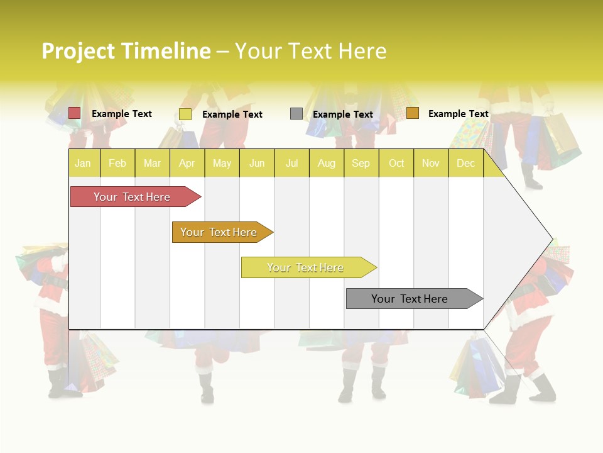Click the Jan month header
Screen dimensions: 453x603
(83, 163)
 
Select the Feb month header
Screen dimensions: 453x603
(117, 163)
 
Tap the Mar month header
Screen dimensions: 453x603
(152, 163)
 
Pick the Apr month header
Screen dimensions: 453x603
(187, 163)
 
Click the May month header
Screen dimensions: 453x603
(222, 163)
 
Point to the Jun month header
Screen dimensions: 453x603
(257, 163)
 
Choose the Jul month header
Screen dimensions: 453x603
(291, 163)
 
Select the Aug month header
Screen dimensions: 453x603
(327, 163)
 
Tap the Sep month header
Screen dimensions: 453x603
(361, 163)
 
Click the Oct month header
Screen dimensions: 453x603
(396, 163)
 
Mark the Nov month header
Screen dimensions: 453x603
(431, 163)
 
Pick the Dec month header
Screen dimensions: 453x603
(466, 163)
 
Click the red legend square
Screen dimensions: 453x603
(75, 113)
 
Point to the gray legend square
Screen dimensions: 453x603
(296, 114)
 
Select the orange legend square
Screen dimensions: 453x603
(412, 113)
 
